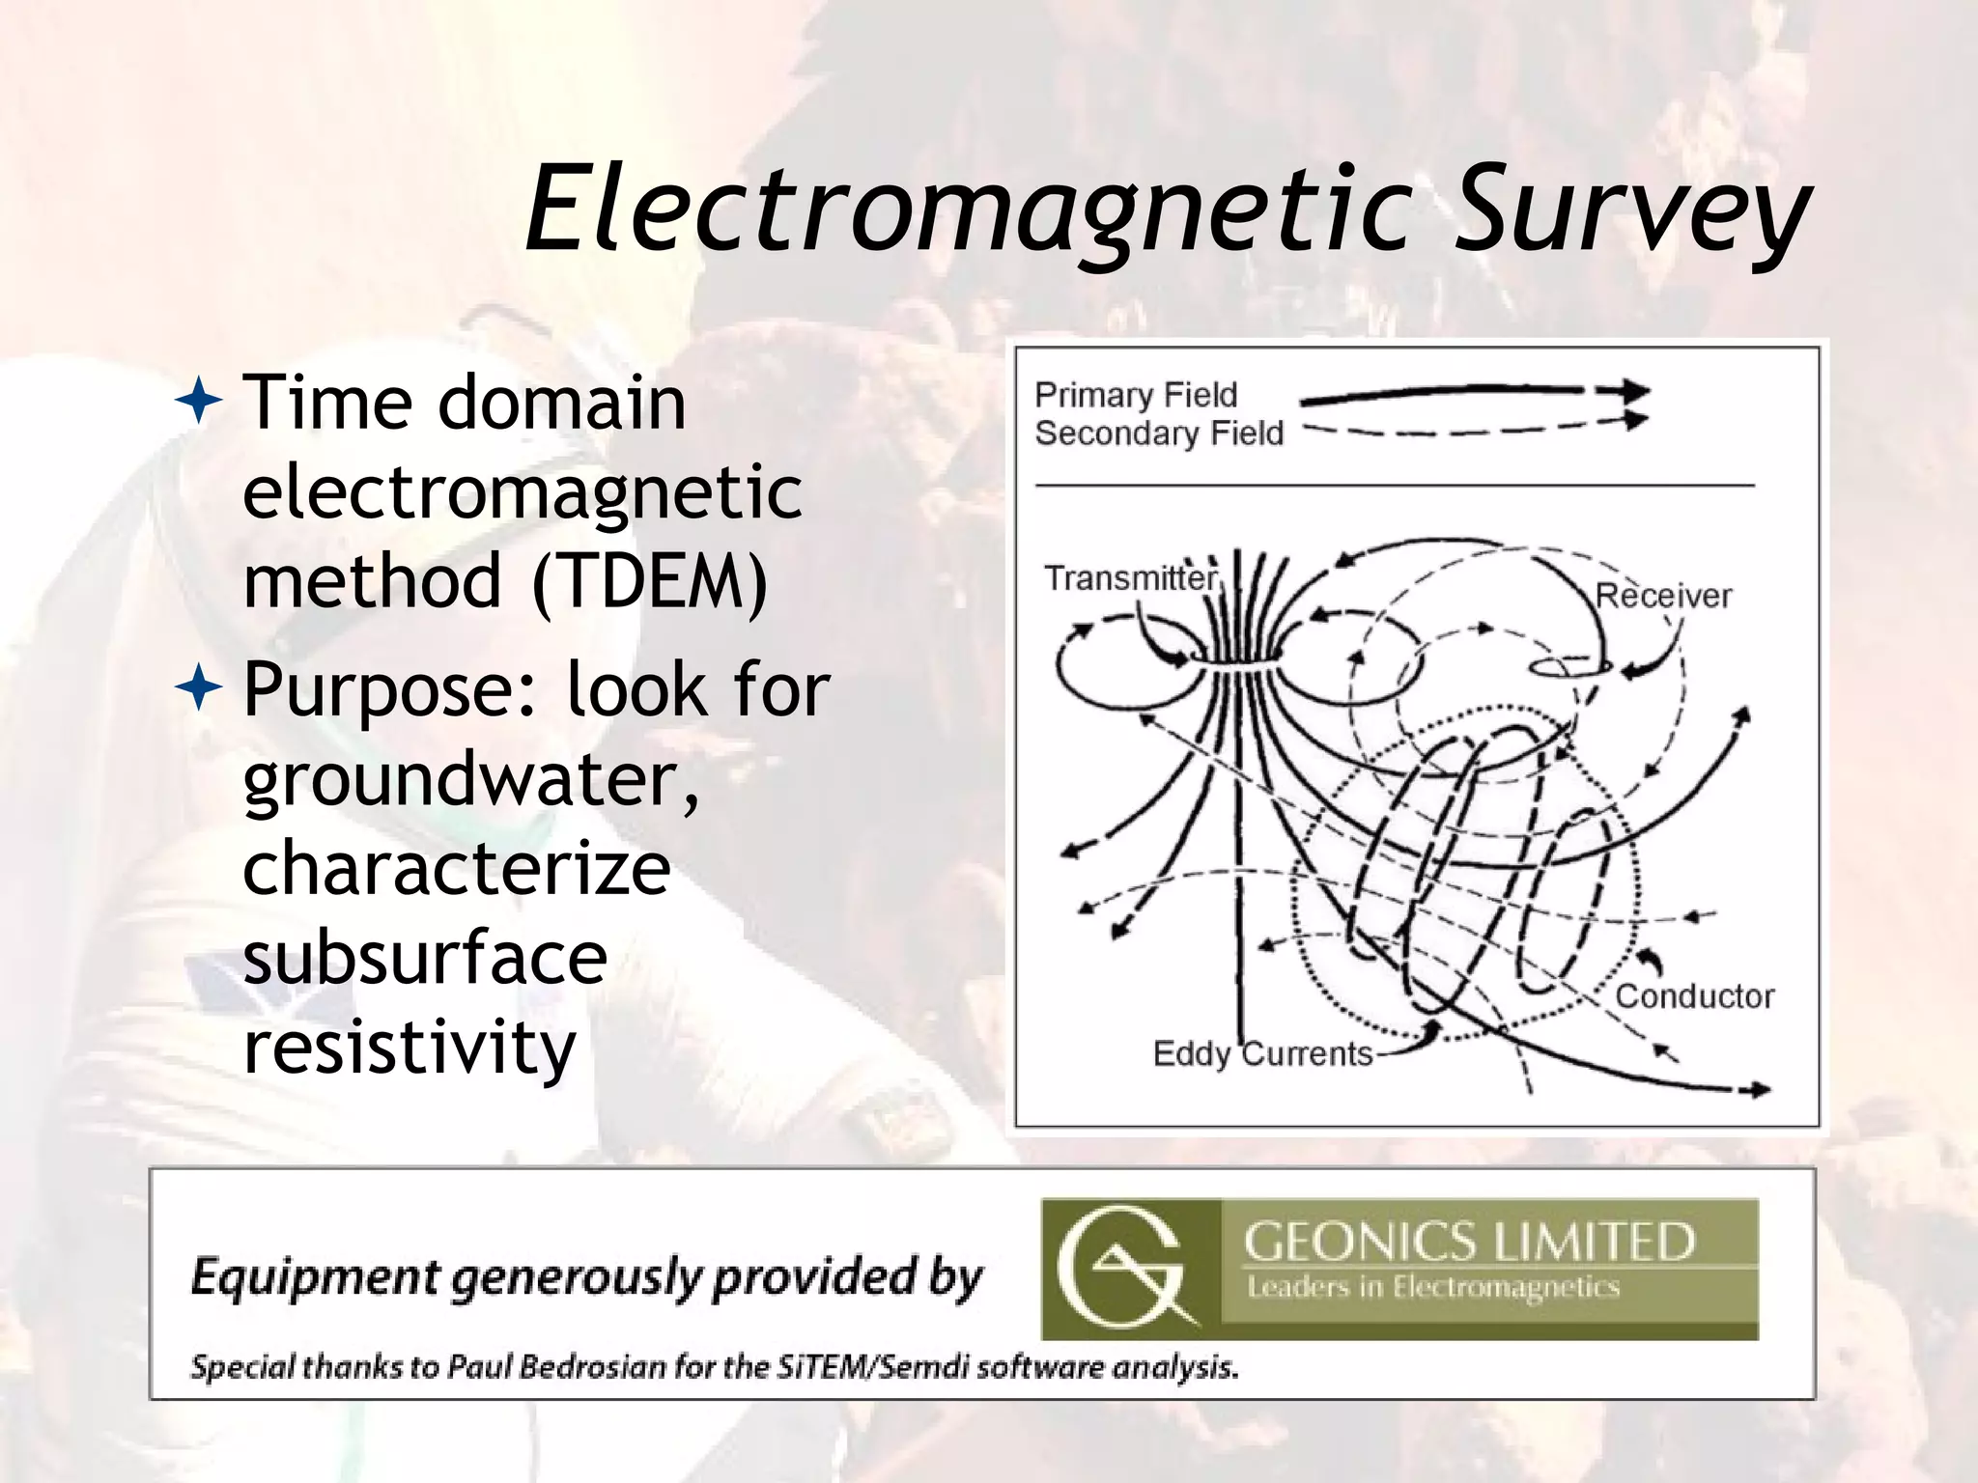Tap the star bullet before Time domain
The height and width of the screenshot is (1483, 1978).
click(199, 401)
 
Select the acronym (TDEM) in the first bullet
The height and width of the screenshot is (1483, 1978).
click(649, 581)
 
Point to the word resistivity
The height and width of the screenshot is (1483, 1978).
click(410, 1047)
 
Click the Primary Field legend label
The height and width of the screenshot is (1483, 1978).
click(1136, 395)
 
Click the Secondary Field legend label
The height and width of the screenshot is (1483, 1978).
click(1159, 434)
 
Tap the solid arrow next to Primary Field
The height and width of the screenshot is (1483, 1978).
click(1473, 392)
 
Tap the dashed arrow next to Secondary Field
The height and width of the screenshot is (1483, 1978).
click(1473, 426)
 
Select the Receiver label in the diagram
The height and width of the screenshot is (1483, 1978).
click(1663, 596)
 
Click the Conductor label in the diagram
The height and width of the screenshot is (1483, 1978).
click(1695, 995)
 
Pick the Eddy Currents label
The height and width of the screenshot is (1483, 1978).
click(1262, 1053)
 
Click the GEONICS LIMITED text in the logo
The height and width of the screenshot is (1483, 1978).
click(1469, 1242)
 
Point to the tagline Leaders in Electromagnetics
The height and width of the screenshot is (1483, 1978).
click(1433, 1287)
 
